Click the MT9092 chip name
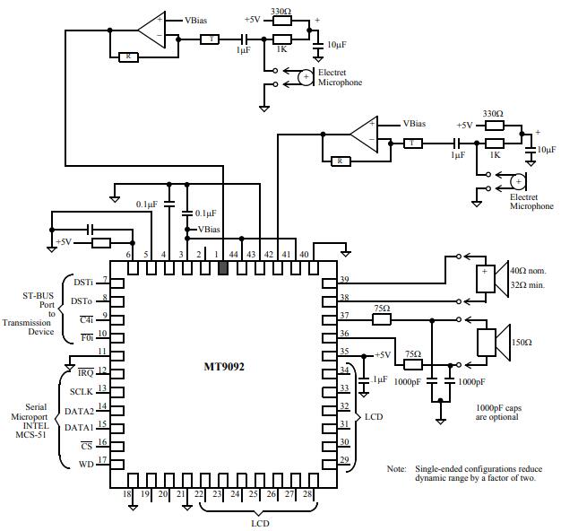(x=224, y=367)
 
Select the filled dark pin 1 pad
(x=223, y=268)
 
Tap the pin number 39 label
(x=344, y=279)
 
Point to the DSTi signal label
(x=83, y=283)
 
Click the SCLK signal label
(x=82, y=392)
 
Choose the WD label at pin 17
(x=86, y=465)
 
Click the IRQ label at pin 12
(x=86, y=372)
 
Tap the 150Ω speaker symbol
(x=494, y=342)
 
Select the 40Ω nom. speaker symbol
(x=492, y=279)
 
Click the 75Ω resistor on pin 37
(x=382, y=319)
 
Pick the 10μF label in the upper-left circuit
(x=337, y=45)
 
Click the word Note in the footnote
(x=396, y=469)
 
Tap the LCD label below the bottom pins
(x=260, y=523)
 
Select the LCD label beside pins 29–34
(x=374, y=417)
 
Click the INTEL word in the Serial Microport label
(x=36, y=426)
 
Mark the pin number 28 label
(x=307, y=493)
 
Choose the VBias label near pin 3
(x=209, y=229)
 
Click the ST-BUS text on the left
(x=38, y=296)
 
